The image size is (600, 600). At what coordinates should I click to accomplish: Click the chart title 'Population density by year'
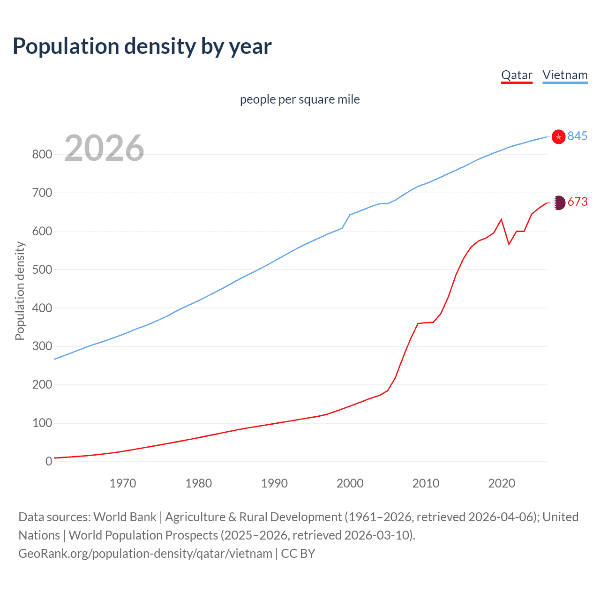[x=142, y=46]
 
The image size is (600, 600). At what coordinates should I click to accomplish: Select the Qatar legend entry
[x=517, y=75]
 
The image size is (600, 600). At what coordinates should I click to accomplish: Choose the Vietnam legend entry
[x=565, y=75]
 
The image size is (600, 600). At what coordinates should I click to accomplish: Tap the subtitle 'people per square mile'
[x=300, y=99]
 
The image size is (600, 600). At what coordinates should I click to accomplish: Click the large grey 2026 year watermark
[x=104, y=148]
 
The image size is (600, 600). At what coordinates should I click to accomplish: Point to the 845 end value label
[x=577, y=136]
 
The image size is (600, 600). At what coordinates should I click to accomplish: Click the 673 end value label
[x=577, y=202]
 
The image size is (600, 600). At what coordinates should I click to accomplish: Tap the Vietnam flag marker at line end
[x=558, y=137]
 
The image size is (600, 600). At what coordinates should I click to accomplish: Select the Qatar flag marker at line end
[x=558, y=202]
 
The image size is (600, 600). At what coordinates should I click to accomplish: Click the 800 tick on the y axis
[x=42, y=154]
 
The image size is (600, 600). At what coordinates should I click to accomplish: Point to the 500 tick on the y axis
[x=42, y=270]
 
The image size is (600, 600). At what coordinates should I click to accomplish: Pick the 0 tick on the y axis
[x=48, y=461]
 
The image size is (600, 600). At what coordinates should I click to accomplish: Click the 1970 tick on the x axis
[x=123, y=483]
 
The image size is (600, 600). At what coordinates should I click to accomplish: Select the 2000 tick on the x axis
[x=350, y=483]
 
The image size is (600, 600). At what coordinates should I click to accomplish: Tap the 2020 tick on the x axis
[x=502, y=483]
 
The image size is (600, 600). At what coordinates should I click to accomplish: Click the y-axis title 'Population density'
[x=20, y=291]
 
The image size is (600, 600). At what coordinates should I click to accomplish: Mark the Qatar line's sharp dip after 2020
[x=509, y=244]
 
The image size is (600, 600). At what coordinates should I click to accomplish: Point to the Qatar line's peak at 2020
[x=502, y=219]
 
